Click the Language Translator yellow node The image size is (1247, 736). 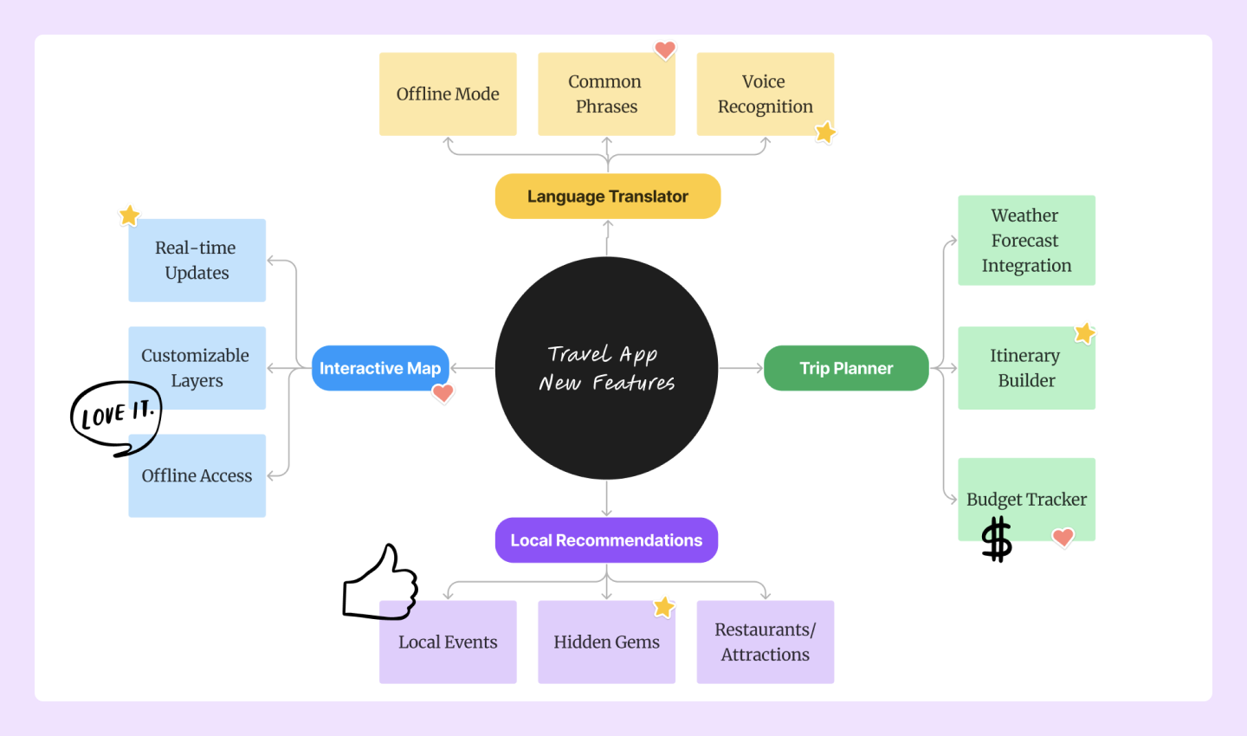tap(607, 197)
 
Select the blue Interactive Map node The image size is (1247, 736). tap(379, 368)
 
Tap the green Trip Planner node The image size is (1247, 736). tap(845, 368)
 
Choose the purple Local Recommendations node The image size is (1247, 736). tap(606, 540)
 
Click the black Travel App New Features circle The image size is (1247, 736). tap(606, 368)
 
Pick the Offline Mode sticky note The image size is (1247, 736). tap(448, 94)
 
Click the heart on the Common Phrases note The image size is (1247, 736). tap(665, 50)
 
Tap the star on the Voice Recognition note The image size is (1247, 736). tap(825, 132)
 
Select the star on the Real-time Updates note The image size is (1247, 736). tap(129, 215)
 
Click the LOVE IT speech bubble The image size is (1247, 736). tap(116, 416)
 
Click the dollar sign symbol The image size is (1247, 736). tap(997, 539)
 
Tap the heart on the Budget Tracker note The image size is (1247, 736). tap(1063, 537)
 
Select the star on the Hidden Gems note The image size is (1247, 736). tap(663, 607)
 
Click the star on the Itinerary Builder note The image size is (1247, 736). tap(1084, 333)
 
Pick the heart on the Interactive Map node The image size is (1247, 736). tap(443, 393)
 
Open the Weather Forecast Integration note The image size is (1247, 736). tap(1026, 240)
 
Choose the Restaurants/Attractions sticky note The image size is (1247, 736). tap(765, 642)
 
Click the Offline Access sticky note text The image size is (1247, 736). tap(197, 475)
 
